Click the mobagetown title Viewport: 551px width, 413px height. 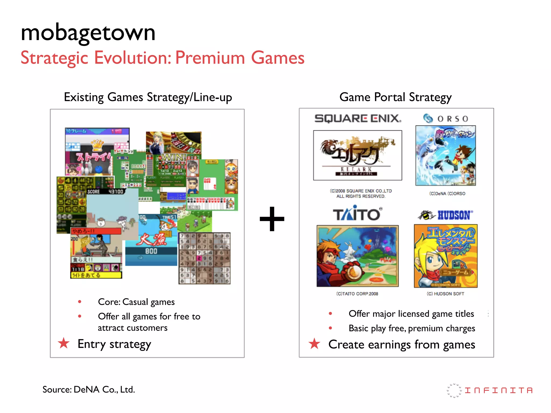88,33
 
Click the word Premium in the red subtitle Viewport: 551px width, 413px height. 210,58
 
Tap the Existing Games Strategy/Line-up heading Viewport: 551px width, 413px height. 148,97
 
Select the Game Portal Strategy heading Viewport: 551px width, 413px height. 395,97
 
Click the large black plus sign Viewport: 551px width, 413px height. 272,219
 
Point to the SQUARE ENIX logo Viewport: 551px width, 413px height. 358,118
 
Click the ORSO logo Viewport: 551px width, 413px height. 446,119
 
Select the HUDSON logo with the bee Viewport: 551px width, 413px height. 445,215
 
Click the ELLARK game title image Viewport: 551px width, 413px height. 358,155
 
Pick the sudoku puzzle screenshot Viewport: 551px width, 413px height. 204,258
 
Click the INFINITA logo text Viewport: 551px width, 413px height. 499,390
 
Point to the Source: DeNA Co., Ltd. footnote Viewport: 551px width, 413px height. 89,389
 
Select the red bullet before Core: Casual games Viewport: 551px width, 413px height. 80,302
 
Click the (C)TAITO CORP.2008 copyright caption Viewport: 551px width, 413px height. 357,294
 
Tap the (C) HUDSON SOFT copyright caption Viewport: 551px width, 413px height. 445,294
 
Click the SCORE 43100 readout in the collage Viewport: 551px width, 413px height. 105,191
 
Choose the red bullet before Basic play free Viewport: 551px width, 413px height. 330,328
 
